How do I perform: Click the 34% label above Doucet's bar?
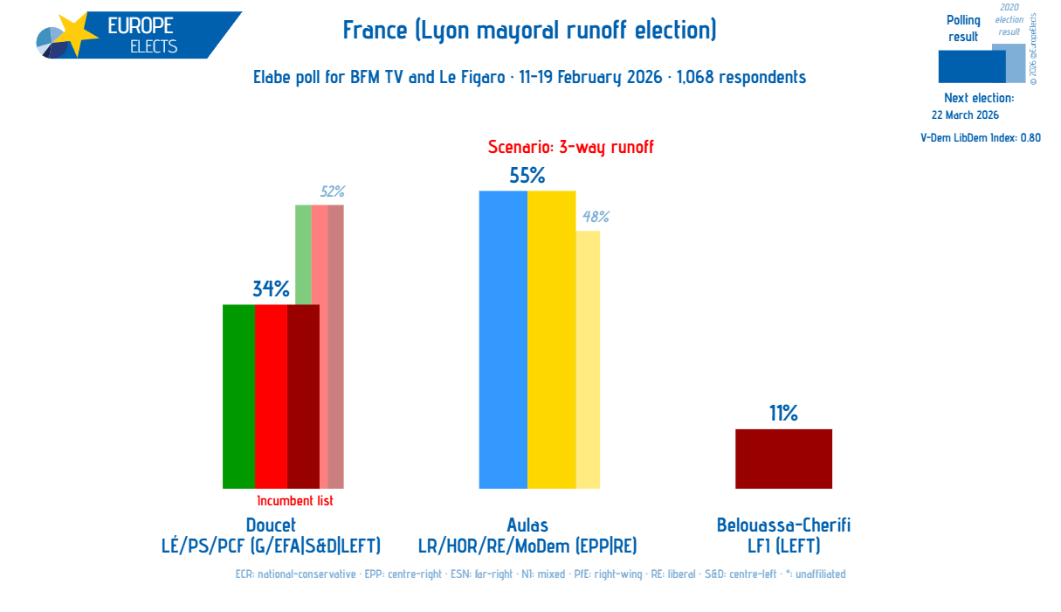(x=271, y=289)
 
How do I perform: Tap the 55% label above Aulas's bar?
(x=527, y=176)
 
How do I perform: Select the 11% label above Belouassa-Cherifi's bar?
(x=783, y=414)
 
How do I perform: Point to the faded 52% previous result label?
(x=332, y=191)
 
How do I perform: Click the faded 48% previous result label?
(x=596, y=217)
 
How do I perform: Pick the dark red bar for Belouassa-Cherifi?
(x=783, y=459)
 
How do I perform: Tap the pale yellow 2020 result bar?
(x=588, y=359)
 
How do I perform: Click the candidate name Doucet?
(x=271, y=525)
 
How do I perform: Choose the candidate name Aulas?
(x=527, y=525)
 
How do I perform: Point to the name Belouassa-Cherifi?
(x=783, y=525)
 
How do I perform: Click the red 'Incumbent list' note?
(x=295, y=501)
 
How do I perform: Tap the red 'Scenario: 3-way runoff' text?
(x=570, y=148)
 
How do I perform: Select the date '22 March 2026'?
(x=965, y=115)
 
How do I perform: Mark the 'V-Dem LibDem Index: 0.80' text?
(x=980, y=137)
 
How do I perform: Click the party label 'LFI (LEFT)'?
(x=783, y=546)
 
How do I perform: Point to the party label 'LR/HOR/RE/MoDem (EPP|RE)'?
(x=527, y=546)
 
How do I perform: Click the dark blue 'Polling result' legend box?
(x=971, y=66)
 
